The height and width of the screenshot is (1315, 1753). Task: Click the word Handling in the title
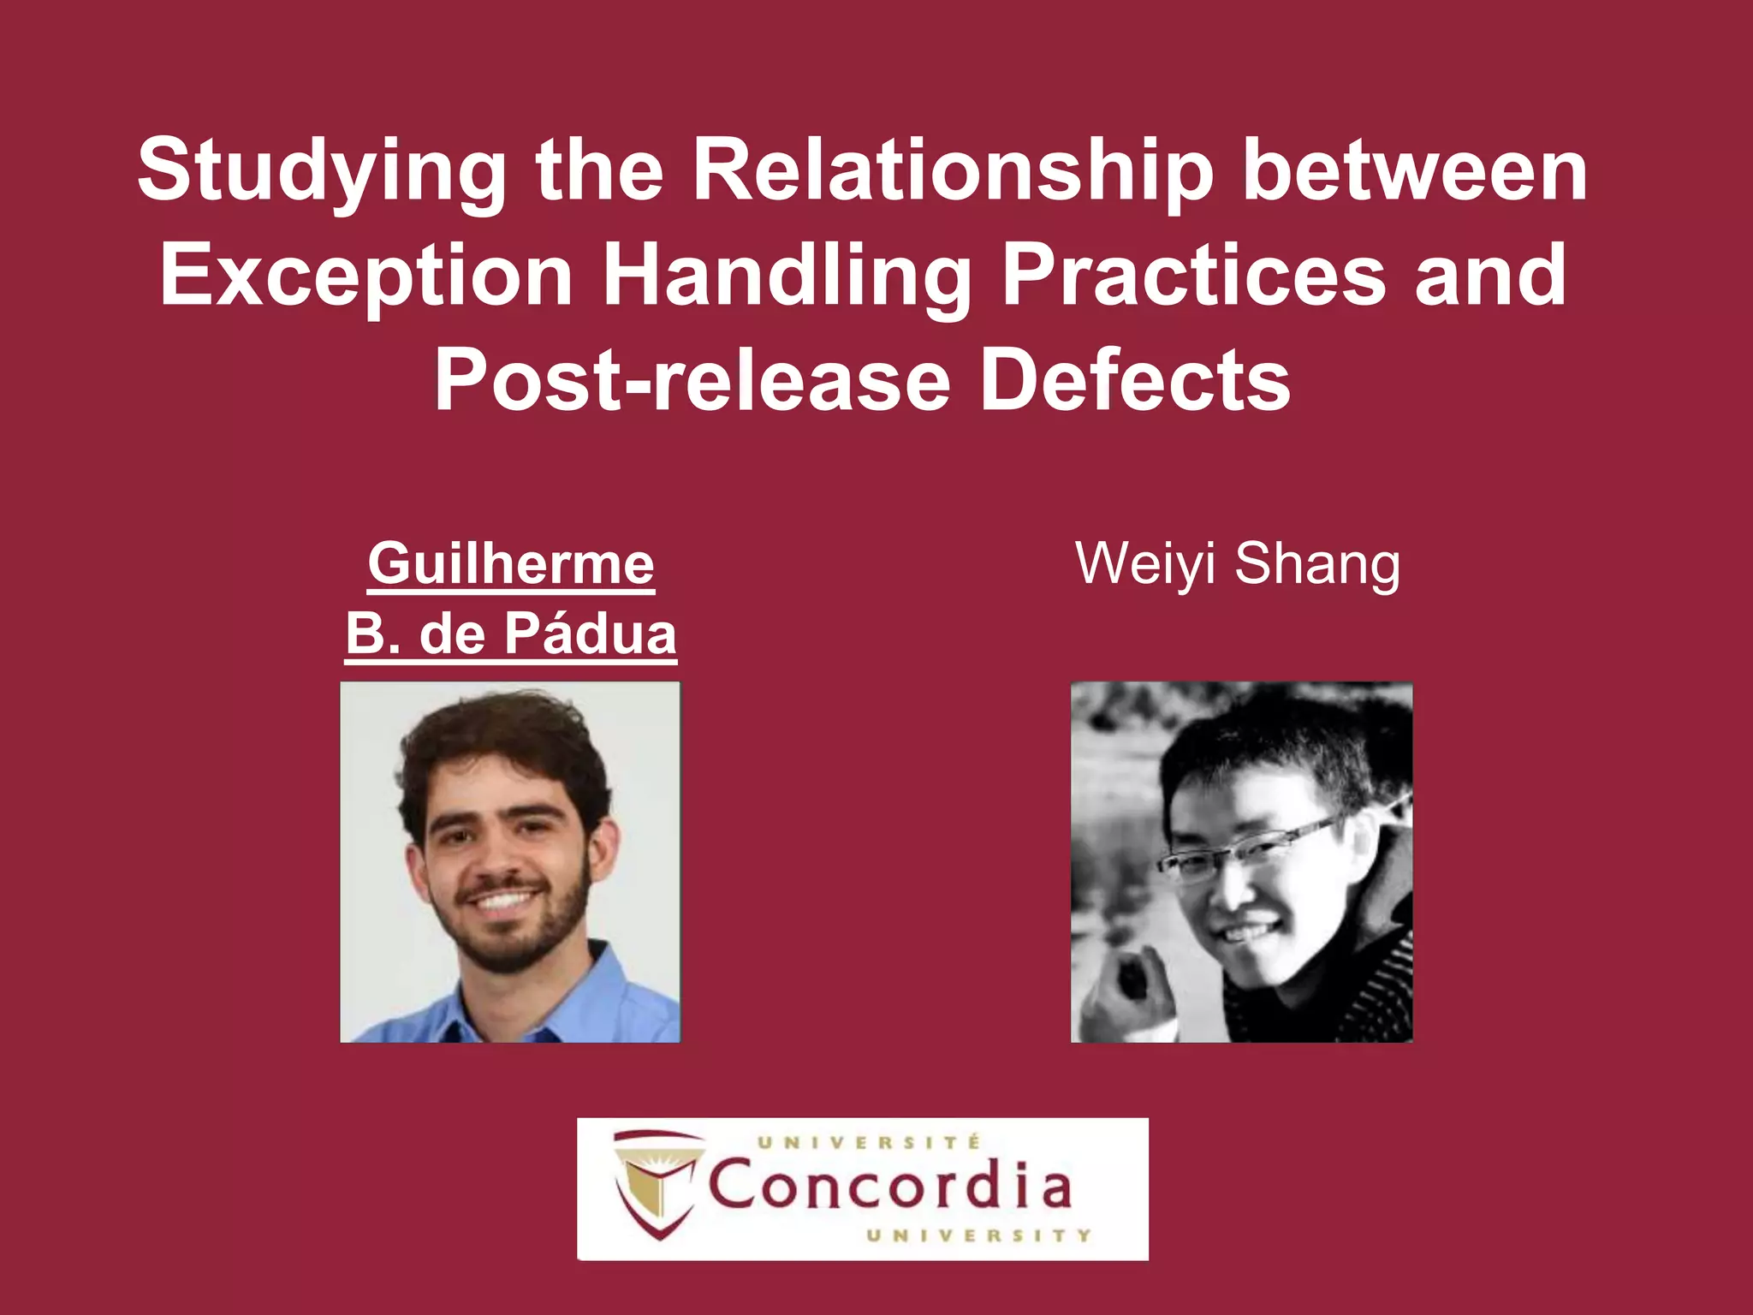click(x=787, y=276)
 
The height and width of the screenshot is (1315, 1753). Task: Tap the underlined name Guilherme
click(x=511, y=564)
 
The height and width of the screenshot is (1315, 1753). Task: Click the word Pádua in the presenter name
click(x=590, y=634)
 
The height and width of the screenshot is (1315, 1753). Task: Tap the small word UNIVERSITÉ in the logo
click(x=868, y=1142)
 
